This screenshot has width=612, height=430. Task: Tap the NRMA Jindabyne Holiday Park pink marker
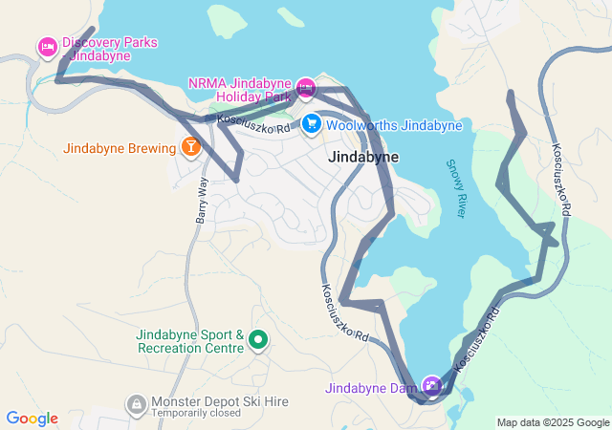pyautogui.click(x=305, y=88)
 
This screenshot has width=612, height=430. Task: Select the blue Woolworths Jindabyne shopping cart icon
pyautogui.click(x=312, y=124)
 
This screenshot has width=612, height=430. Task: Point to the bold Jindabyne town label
pyautogui.click(x=363, y=157)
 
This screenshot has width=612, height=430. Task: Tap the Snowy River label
pyautogui.click(x=455, y=188)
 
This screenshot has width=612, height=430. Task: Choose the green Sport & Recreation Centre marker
pyautogui.click(x=257, y=339)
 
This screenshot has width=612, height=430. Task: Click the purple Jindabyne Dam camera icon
pyautogui.click(x=432, y=386)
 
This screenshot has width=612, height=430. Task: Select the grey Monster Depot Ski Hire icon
pyautogui.click(x=138, y=404)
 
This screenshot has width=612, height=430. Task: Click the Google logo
pyautogui.click(x=32, y=419)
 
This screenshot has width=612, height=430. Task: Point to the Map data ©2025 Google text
pyautogui.click(x=553, y=422)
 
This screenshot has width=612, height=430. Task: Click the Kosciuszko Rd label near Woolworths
pyautogui.click(x=252, y=123)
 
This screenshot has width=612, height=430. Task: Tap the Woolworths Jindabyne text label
pyautogui.click(x=394, y=125)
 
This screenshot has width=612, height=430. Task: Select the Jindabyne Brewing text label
pyautogui.click(x=120, y=148)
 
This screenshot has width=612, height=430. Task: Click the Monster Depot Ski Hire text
pyautogui.click(x=220, y=402)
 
